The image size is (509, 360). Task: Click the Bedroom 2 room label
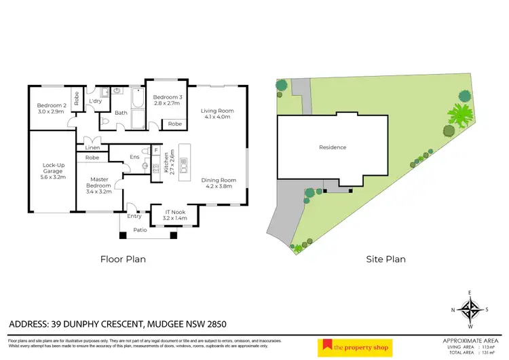tap(51, 108)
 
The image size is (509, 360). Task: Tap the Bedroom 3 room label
tap(166, 101)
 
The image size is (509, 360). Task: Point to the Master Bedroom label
tap(98, 185)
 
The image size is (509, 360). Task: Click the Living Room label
tap(217, 113)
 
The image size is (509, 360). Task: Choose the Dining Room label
tap(217, 183)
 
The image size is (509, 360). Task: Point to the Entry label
tap(134, 216)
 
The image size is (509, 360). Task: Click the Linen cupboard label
tap(93, 147)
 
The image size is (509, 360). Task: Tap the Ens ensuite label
tap(135, 157)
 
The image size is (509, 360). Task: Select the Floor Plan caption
tap(123, 259)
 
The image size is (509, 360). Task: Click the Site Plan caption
tap(386, 259)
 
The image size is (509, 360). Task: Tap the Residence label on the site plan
tap(333, 147)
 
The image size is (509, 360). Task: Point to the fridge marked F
tap(156, 149)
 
